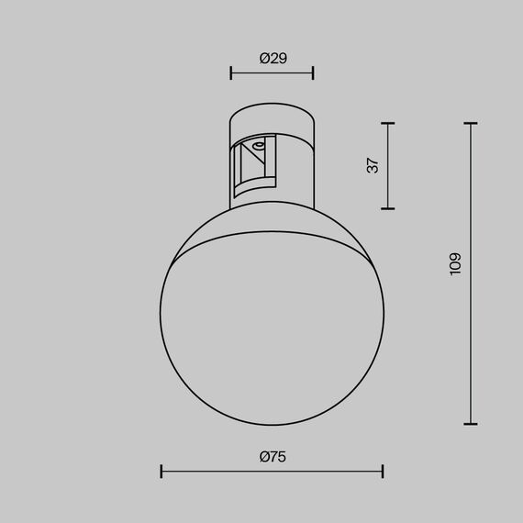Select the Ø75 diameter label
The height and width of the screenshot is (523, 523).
272,456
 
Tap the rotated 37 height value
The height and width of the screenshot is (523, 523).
372,166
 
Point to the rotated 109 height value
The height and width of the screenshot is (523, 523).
456,264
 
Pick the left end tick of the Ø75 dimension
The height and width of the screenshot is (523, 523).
161,472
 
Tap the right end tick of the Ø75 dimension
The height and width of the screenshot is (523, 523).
383,472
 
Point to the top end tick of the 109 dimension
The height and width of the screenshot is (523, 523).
471,124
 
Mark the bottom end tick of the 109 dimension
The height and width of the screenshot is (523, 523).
471,423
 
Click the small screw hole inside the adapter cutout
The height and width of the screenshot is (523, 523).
260,145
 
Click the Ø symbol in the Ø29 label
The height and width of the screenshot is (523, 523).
264,58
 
